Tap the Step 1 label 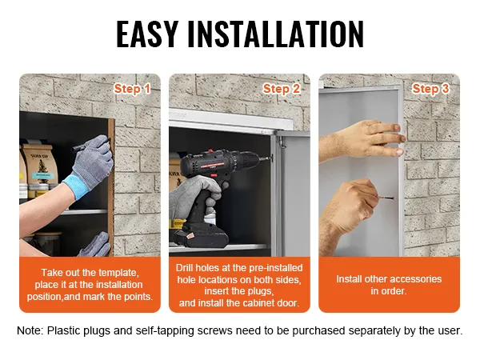[132, 89]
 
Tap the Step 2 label [282, 89]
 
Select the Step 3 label [430, 89]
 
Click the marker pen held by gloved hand [81, 146]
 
